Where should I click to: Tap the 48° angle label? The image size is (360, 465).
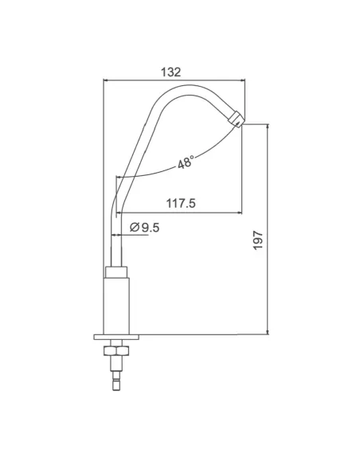185,162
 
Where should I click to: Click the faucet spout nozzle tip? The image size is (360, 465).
237,119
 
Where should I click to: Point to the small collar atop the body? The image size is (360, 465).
117,270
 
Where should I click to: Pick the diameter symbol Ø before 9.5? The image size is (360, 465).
133,228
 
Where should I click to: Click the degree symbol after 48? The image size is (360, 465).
194,158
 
